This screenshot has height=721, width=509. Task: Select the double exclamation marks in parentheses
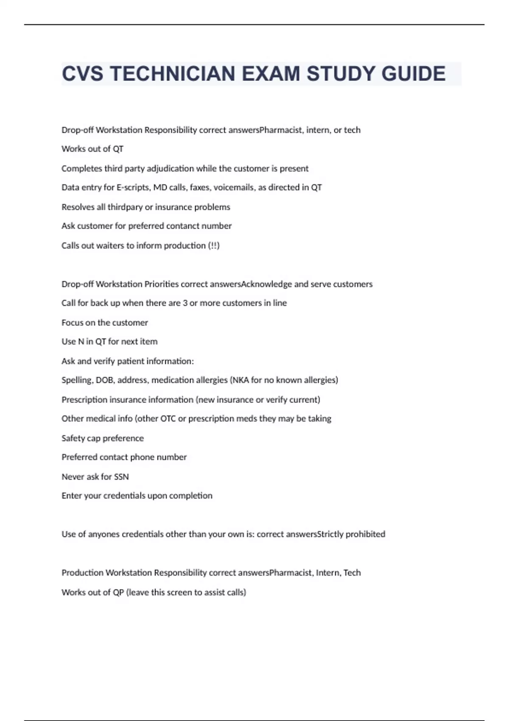pos(214,246)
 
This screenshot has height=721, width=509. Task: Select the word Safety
pos(73,438)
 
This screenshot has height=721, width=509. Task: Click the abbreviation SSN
pos(121,477)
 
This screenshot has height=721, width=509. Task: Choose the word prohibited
pos(365,534)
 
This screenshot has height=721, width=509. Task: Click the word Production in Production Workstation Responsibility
pos(82,573)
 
